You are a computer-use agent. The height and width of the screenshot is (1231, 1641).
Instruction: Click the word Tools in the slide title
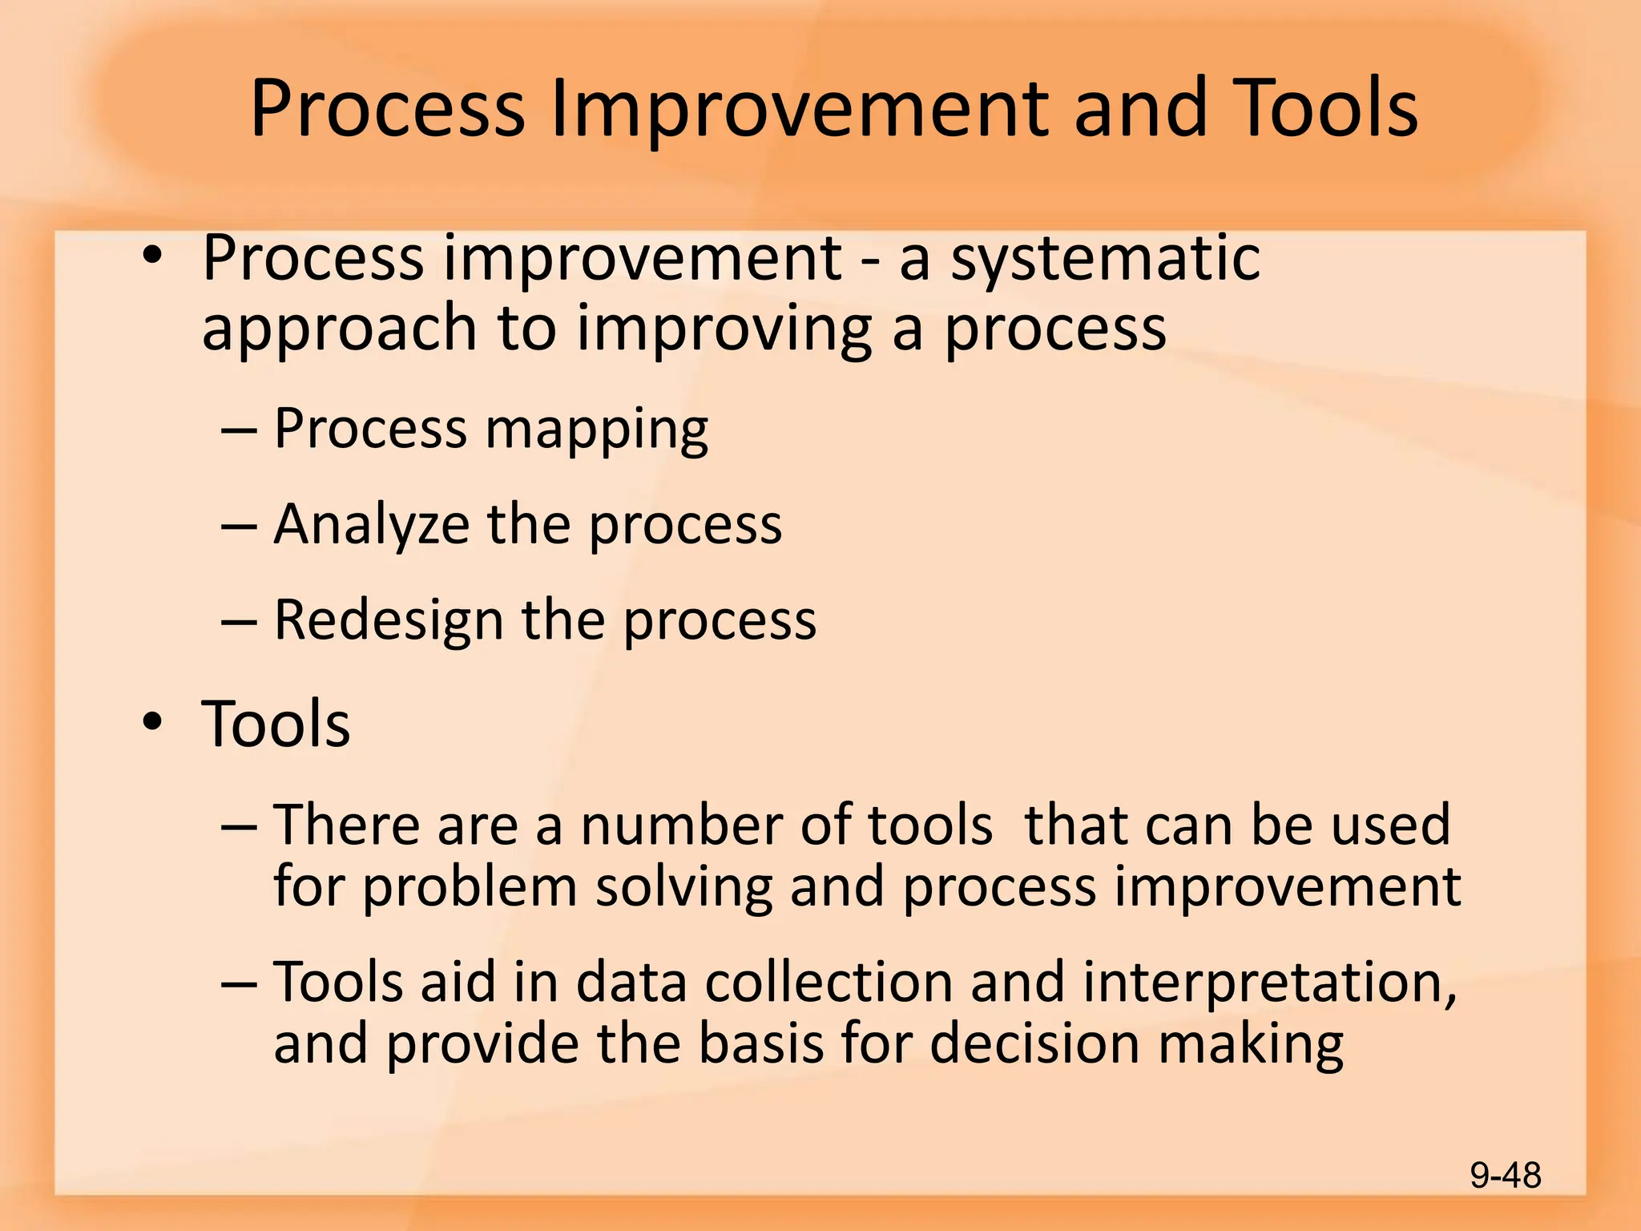pos(1324,110)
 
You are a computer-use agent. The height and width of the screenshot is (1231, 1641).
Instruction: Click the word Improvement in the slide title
pos(801,110)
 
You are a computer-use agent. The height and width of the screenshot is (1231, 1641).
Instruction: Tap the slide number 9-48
pos(1505,1176)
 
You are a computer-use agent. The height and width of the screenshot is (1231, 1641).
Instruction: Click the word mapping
pos(597,430)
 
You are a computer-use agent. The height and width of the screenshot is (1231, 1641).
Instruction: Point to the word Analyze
pos(371,525)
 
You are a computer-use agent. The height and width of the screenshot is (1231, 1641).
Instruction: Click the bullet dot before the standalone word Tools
pos(152,723)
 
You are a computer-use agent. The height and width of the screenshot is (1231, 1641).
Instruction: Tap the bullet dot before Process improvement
pos(152,256)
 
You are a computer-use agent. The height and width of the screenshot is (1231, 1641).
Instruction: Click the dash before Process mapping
pos(239,431)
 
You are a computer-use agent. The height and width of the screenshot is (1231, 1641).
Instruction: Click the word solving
pos(683,888)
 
